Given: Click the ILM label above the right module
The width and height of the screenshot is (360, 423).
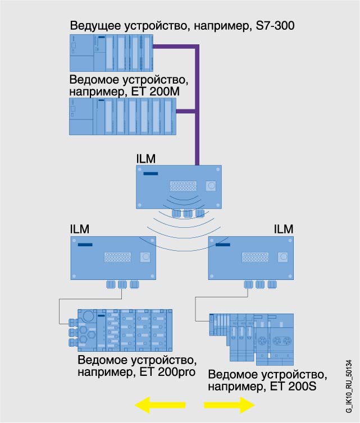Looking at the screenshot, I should click(284, 229).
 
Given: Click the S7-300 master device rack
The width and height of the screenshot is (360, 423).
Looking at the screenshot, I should click(112, 52).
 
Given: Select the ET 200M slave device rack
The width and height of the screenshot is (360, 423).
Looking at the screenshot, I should click(122, 116).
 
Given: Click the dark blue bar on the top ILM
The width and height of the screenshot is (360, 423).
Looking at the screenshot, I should click(151, 174).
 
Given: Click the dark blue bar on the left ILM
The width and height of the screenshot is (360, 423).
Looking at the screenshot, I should click(85, 245).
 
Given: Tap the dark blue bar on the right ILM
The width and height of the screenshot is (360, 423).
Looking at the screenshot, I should click(223, 245).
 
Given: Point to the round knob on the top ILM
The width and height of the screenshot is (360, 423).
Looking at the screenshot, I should click(211, 186).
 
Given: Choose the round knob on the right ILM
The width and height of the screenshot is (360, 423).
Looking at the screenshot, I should click(284, 257).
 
